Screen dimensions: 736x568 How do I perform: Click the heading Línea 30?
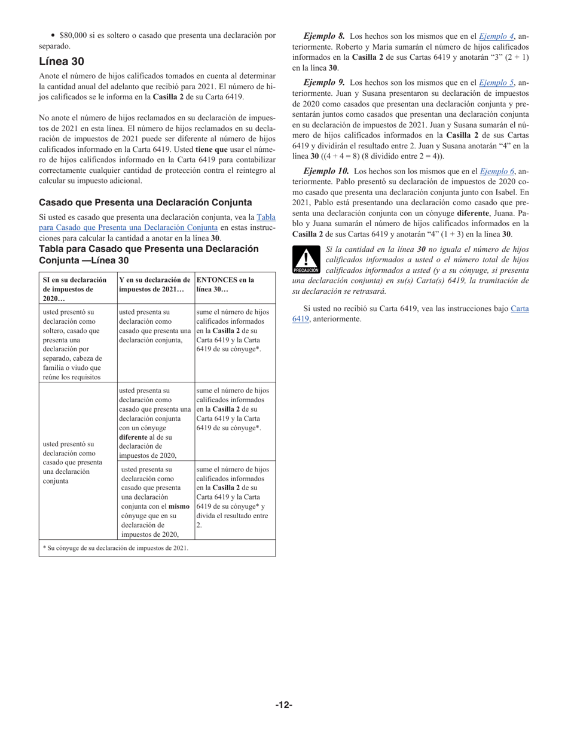tap(62, 62)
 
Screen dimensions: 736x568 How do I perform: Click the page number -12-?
tap(283, 705)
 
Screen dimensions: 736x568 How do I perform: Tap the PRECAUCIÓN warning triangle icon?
tap(306, 259)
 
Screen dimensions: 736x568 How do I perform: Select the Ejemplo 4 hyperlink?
tap(496, 36)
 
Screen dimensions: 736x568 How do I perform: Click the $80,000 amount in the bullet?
tap(74, 36)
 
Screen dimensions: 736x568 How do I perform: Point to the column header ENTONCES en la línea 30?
tap(225, 284)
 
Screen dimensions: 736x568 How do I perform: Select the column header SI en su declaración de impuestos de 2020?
tap(75, 288)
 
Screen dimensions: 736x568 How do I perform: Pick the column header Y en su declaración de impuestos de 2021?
tap(154, 284)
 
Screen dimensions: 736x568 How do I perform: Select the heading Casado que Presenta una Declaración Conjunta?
tap(145, 202)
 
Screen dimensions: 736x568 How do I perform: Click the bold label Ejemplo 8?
tap(323, 36)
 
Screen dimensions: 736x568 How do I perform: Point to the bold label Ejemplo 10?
tap(326, 172)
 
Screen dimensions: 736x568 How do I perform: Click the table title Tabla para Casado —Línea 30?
tap(149, 254)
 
